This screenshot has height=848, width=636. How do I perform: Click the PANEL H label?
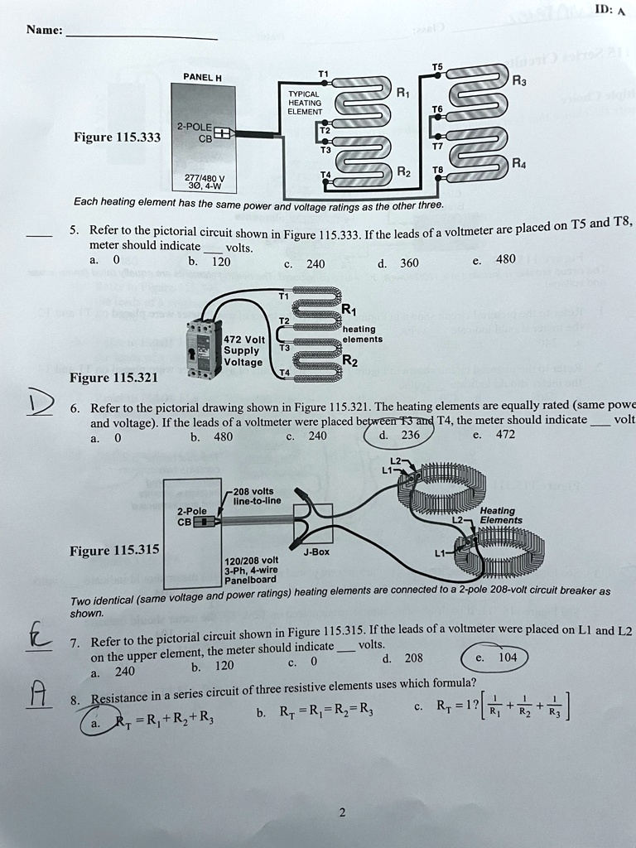click(x=202, y=78)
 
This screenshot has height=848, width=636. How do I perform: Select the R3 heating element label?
click(x=518, y=81)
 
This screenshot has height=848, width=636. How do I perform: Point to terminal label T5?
click(x=437, y=66)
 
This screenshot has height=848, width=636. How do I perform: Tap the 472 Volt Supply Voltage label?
click(x=243, y=350)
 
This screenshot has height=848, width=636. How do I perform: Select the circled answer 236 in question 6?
click(x=410, y=435)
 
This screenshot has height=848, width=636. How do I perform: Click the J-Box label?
click(x=317, y=551)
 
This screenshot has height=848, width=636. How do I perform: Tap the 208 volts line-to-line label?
click(x=258, y=495)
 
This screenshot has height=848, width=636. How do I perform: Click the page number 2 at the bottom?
click(x=341, y=812)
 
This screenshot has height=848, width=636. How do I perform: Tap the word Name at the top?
click(x=44, y=30)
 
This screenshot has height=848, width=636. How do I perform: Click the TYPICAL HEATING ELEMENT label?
click(x=305, y=103)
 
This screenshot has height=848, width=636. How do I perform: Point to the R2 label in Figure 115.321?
click(x=352, y=360)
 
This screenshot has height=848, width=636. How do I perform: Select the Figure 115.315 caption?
click(x=115, y=551)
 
